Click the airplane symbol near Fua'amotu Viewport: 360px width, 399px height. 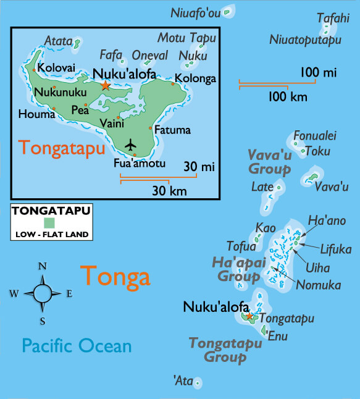pos(130,145)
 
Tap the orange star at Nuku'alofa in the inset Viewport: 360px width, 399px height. pos(106,85)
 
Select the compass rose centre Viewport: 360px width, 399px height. pos(43,293)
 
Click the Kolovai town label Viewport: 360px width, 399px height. pos(56,68)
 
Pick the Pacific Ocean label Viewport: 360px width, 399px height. pos(77,345)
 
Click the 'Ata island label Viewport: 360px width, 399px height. pos(183,381)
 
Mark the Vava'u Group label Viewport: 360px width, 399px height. pos(269,161)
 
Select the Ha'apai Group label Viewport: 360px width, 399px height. pos(239,269)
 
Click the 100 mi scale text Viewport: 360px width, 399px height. pos(319,73)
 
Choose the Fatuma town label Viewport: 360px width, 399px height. pos(172,130)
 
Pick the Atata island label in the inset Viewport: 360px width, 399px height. pos(57,42)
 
